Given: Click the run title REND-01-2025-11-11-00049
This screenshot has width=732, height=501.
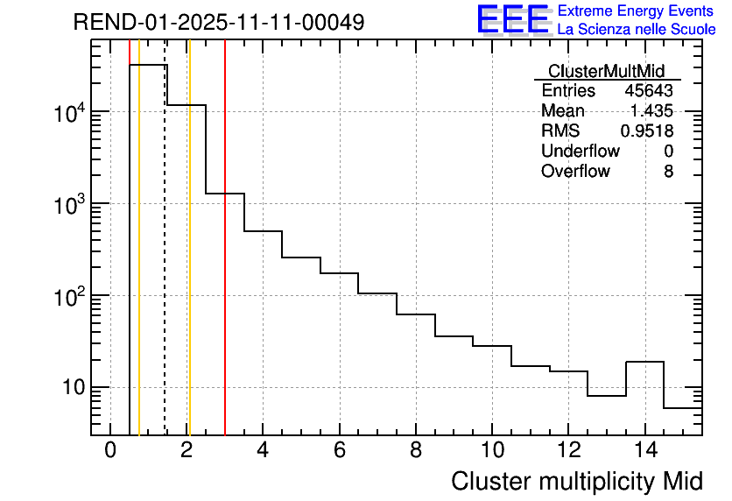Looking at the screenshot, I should click(x=218, y=23).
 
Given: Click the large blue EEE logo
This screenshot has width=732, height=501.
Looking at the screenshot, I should click(x=512, y=19).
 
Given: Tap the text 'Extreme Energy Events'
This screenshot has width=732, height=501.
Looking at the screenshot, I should click(x=637, y=11).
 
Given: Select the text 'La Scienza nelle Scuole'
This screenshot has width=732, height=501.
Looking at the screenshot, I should click(x=637, y=30).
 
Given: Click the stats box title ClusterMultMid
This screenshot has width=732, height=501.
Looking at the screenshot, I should click(x=606, y=71).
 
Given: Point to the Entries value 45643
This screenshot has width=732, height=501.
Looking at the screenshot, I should click(x=648, y=91).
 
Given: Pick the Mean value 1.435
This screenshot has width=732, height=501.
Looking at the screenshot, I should click(x=651, y=111).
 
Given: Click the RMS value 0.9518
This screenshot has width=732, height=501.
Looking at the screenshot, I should click(x=646, y=131).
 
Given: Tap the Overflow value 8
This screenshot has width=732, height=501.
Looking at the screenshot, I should click(x=668, y=172).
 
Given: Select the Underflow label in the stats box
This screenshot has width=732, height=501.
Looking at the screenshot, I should click(x=580, y=152).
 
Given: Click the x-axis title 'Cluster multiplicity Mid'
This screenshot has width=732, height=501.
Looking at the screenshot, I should click(x=576, y=481).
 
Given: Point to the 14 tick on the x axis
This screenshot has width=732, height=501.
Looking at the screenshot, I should click(x=644, y=451).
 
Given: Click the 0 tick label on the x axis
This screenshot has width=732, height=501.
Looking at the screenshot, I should click(x=110, y=451).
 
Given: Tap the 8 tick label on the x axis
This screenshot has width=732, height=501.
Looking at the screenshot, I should click(x=416, y=451).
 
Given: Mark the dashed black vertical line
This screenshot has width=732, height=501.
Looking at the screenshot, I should click(x=165, y=263).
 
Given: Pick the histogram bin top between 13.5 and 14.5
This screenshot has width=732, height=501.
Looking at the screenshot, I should click(x=644, y=362).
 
